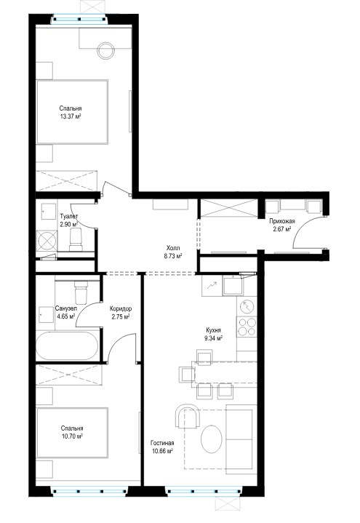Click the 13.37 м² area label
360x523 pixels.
coord(71,116)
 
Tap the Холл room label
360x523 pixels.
coord(173,248)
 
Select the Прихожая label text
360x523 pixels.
coord(282,221)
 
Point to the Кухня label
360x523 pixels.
coord(214,330)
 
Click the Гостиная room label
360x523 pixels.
coord(162,443)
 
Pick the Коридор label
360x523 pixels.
coord(121,309)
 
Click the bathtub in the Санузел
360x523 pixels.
coord(67,346)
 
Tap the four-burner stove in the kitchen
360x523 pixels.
coord(247,327)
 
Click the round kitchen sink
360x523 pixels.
coord(247,307)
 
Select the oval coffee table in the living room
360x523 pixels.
coord(212,439)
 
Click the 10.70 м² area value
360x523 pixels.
coord(72,436)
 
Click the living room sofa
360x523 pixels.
coord(241,439)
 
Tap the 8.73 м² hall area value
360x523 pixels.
coord(173,256)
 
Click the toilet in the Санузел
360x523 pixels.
coord(81,291)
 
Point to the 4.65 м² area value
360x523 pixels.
coord(65,316)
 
